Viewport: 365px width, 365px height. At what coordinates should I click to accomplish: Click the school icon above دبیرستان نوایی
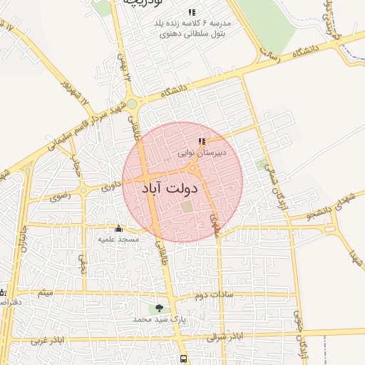[202, 142]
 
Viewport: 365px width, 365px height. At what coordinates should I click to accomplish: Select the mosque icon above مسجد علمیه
[118, 229]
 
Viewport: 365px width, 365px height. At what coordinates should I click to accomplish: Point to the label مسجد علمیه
[118, 239]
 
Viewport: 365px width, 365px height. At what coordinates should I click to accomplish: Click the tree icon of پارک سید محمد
[158, 308]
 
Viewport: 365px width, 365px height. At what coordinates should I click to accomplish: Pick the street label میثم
[46, 293]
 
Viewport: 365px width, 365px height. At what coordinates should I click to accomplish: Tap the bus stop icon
[184, 359]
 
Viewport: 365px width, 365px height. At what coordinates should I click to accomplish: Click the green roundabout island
[132, 104]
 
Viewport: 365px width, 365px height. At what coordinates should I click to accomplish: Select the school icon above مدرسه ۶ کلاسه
[191, 12]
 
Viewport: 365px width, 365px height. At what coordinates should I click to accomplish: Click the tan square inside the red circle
[187, 207]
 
